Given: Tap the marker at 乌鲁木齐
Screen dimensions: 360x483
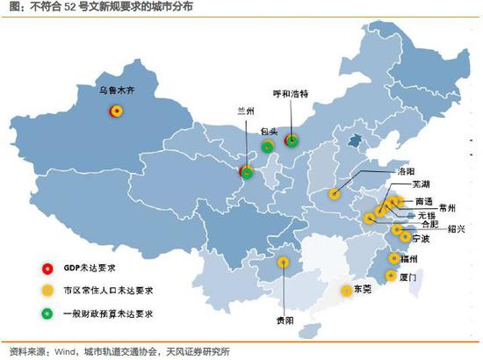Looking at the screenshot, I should pos(115,111).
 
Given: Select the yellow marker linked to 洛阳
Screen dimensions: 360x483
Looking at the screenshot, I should pos(335,194).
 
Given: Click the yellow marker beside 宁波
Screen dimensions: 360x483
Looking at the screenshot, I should pos(404,235).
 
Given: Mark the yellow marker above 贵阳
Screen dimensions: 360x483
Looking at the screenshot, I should pos(284,262).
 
